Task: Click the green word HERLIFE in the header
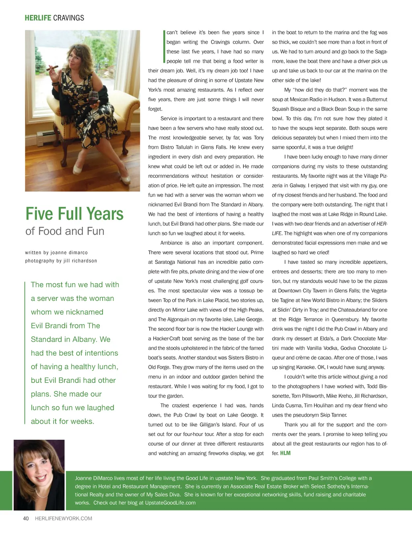pyautogui.click(x=38, y=18)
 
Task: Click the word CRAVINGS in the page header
pyautogui.click(x=68, y=18)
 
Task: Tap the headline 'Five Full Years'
pyautogui.click(x=74, y=214)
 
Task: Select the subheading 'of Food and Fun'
pyautogui.click(x=65, y=231)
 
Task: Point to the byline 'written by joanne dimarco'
pyautogui.click(x=56, y=253)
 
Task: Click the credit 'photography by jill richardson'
pyautogui.click(x=61, y=261)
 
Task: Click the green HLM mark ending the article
pyautogui.click(x=285, y=453)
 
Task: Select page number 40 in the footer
pyautogui.click(x=26, y=519)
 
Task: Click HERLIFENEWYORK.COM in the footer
pyautogui.click(x=64, y=519)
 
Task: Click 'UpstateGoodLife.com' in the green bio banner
pyautogui.click(x=170, y=503)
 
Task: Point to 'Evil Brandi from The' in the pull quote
pyautogui.click(x=66, y=326)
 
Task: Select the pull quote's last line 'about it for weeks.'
pyautogui.click(x=62, y=422)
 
